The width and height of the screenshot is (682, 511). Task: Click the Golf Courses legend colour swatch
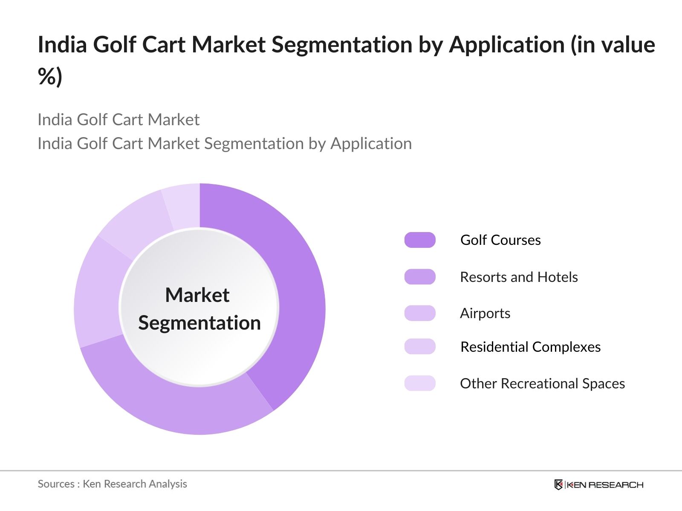pyautogui.click(x=420, y=240)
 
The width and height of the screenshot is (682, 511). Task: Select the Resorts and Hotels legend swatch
pyautogui.click(x=420, y=277)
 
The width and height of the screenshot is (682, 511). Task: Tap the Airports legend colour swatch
pyautogui.click(x=420, y=313)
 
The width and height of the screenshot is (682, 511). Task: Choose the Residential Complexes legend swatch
pyautogui.click(x=420, y=347)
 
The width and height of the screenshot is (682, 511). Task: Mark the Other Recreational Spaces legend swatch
pyautogui.click(x=420, y=383)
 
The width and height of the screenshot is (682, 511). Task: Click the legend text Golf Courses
pyautogui.click(x=500, y=240)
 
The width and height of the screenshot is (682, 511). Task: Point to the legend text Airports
pyautogui.click(x=485, y=313)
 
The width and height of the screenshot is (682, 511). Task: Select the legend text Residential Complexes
pyautogui.click(x=530, y=347)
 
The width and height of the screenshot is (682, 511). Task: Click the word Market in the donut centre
pyautogui.click(x=197, y=295)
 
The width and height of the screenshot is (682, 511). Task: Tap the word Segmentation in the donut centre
pyautogui.click(x=199, y=323)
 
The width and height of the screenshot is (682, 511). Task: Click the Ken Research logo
pyautogui.click(x=598, y=485)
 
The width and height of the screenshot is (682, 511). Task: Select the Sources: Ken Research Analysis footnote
pyautogui.click(x=113, y=484)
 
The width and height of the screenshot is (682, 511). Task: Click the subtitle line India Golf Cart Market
pyautogui.click(x=118, y=120)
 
